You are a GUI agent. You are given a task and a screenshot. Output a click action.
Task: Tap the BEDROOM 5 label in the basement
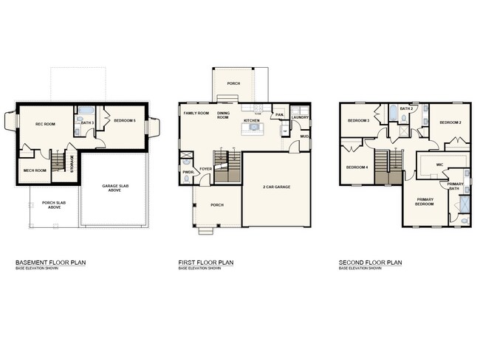coord(125,120)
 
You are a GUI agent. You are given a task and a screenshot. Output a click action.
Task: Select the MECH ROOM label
coord(35,170)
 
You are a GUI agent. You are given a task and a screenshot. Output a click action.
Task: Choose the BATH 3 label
coord(86,122)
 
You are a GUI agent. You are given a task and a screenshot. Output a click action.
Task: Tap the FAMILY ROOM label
coord(196,114)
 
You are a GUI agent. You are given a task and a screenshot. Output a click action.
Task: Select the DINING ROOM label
coord(224,116)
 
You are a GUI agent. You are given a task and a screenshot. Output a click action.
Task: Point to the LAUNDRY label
coord(300,117)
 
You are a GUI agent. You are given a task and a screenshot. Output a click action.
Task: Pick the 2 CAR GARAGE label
coord(277,187)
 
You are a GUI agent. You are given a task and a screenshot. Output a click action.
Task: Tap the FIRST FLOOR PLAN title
coord(206,263)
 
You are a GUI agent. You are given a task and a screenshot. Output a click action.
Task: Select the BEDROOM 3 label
coord(359,120)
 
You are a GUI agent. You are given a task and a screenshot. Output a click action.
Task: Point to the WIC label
coord(439,165)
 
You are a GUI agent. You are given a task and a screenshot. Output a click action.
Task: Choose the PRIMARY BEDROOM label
coord(425,202)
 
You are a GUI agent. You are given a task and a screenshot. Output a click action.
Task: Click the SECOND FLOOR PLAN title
coord(370,263)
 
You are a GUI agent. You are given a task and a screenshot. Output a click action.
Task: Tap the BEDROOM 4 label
coord(357,167)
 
